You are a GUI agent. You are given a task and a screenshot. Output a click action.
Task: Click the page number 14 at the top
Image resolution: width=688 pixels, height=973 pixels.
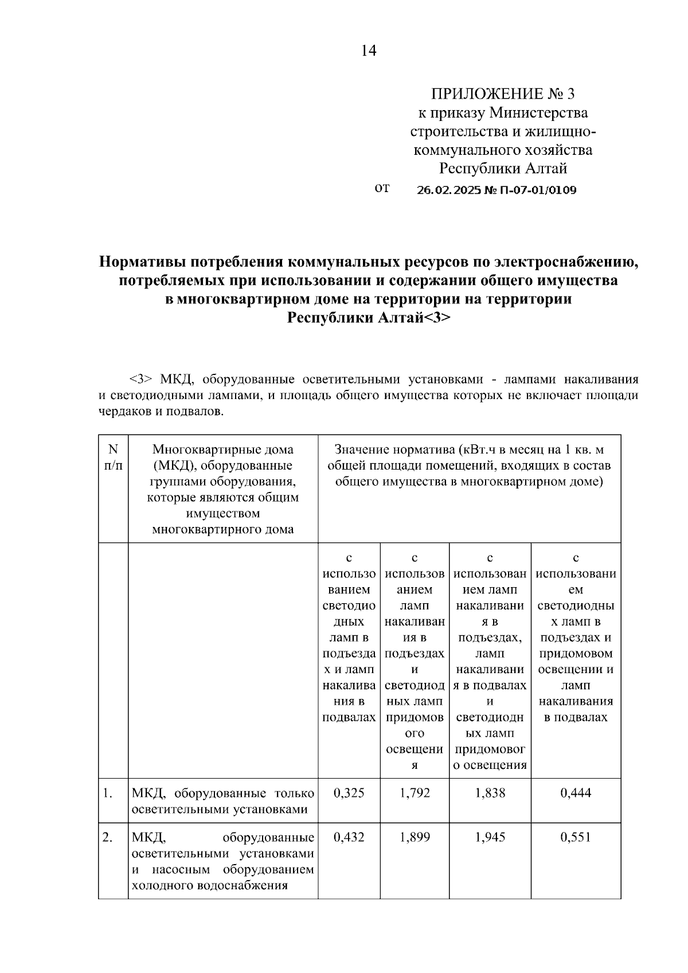(x=369, y=51)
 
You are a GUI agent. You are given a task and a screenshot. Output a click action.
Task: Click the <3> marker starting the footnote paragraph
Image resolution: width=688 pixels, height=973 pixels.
(x=140, y=380)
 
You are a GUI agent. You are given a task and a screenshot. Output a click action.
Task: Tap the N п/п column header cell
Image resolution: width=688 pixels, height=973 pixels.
(x=113, y=458)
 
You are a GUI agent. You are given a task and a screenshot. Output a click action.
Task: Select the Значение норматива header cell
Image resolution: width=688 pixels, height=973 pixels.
(x=469, y=466)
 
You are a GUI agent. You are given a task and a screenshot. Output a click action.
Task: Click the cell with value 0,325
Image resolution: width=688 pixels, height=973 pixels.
(x=349, y=793)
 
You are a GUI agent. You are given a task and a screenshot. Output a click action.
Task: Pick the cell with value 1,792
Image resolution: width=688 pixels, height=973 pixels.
(x=415, y=793)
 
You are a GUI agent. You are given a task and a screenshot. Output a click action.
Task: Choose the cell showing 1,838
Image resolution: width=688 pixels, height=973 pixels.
(x=490, y=793)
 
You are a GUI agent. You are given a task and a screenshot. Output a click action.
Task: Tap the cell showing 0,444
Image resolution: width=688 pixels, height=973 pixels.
(x=576, y=793)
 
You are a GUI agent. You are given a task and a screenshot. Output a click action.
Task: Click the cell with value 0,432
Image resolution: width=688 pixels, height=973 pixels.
(x=349, y=837)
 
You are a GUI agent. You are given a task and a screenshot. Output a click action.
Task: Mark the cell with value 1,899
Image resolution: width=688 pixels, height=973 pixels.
(x=415, y=837)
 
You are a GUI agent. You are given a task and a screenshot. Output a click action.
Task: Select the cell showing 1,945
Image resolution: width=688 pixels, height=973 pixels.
(x=490, y=837)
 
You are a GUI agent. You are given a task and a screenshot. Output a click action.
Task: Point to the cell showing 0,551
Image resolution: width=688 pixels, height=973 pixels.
(x=576, y=837)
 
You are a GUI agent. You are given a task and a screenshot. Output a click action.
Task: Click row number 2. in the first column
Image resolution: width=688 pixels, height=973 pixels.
(x=107, y=837)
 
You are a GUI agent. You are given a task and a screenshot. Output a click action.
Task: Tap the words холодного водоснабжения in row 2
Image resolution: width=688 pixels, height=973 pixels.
(x=209, y=885)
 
